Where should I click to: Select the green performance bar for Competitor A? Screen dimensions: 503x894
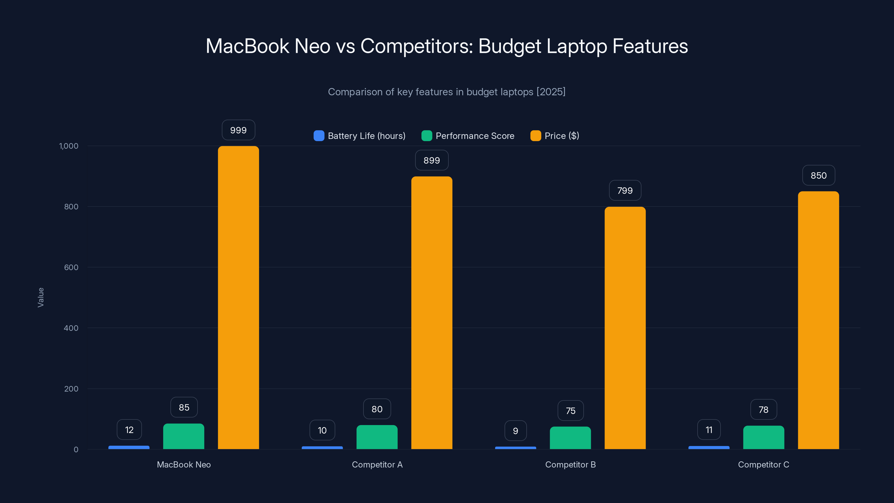[377, 437]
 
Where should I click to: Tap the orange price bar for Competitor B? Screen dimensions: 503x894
[625, 328]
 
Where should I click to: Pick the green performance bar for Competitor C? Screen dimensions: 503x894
[764, 437]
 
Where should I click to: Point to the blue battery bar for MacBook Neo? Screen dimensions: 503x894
[129, 447]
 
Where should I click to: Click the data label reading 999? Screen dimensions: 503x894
[238, 130]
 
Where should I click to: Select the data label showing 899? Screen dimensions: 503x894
[432, 160]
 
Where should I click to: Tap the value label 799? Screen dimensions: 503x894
[625, 191]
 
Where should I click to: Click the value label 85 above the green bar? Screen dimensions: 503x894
[184, 407]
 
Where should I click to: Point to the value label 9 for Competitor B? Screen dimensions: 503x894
[515, 431]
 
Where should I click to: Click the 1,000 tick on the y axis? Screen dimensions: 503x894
[69, 146]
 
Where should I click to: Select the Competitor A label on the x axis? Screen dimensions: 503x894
[377, 464]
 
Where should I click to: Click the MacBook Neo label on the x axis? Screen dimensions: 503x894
[184, 464]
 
